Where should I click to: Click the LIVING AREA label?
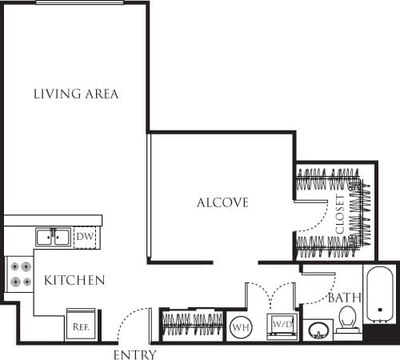[x=76, y=94]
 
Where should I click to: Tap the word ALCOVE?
[x=222, y=202]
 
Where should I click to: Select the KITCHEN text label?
[x=74, y=280]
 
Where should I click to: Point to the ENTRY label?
[x=134, y=354]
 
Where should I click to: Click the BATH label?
[x=345, y=298]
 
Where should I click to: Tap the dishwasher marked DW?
[x=85, y=237]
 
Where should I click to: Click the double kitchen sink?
[x=54, y=237]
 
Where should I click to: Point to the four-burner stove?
[x=20, y=273]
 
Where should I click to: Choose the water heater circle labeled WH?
[x=239, y=327]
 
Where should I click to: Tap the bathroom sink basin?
[x=319, y=330]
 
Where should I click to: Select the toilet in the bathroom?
[x=348, y=323]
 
